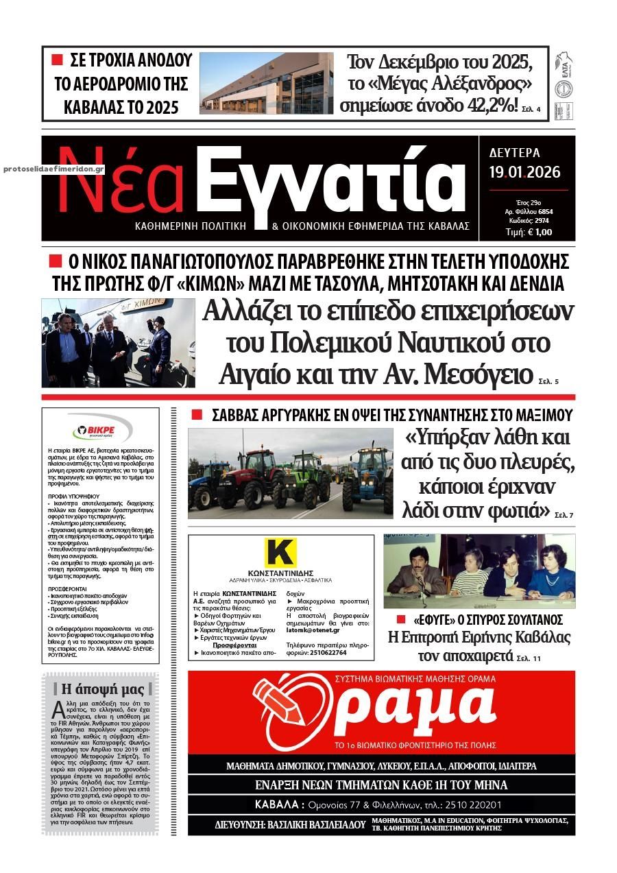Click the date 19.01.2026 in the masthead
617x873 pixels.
[x=524, y=172]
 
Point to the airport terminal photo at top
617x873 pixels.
[x=266, y=83]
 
